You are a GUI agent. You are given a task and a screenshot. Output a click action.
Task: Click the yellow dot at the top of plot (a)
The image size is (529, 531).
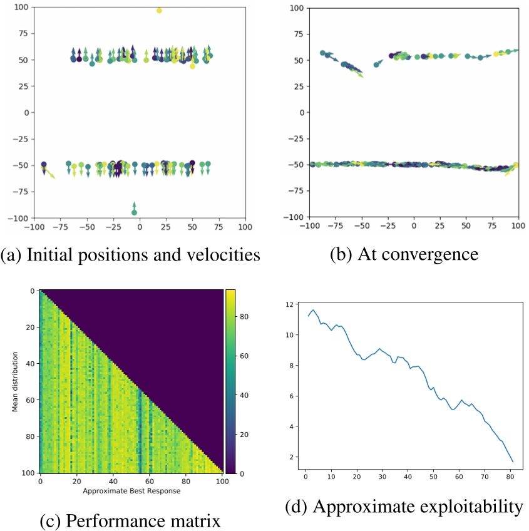159,11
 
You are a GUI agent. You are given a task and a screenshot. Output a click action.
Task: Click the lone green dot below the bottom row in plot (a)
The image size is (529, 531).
134,212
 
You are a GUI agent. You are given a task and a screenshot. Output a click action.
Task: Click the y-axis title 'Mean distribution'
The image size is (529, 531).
13,381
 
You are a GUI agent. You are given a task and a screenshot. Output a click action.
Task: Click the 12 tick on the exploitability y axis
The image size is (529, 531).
290,304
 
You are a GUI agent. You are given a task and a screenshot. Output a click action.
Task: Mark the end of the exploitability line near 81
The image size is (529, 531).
513,462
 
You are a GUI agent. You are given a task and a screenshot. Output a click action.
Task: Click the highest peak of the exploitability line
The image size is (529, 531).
314,309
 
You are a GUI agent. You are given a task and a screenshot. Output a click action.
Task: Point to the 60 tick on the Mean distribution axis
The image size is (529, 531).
31,400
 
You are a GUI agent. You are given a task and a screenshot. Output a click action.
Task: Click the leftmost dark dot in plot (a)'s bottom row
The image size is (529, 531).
44,165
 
